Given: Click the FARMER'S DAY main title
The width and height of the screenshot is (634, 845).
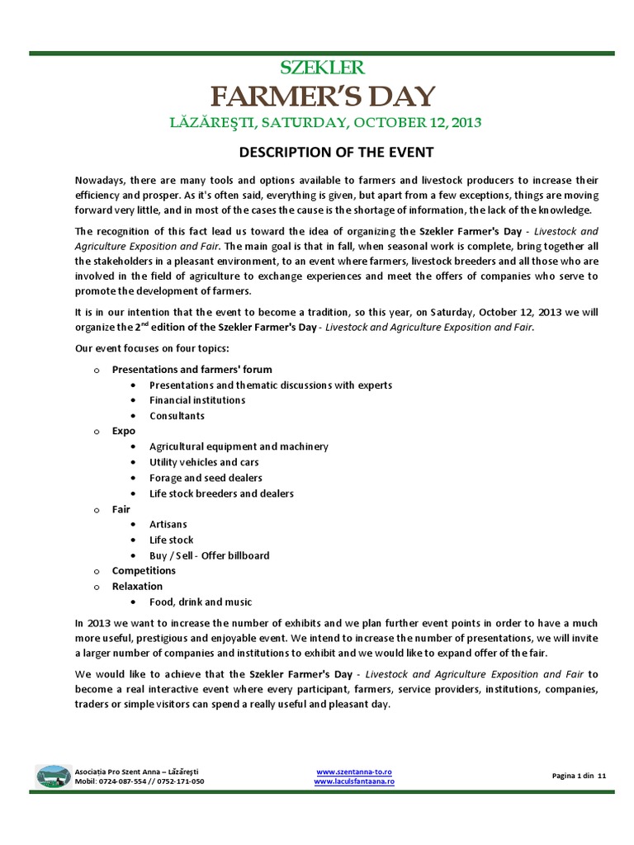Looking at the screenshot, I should (x=322, y=97).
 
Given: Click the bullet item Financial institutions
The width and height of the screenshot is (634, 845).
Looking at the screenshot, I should (x=197, y=400).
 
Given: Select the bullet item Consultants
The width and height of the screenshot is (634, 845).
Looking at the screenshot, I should (x=177, y=416).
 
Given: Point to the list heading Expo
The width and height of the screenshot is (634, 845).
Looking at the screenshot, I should (x=124, y=431).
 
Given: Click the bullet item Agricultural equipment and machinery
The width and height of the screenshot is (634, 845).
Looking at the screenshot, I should (x=239, y=446).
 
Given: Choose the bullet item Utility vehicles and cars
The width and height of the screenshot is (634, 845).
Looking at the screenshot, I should (x=204, y=462).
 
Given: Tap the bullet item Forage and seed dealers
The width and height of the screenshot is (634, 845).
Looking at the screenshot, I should (x=206, y=478).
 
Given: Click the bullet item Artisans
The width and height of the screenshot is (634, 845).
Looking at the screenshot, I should (x=168, y=524).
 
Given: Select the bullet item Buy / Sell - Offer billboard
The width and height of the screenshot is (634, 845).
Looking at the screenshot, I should (x=209, y=555).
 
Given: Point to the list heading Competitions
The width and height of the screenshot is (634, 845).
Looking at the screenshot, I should (x=144, y=570).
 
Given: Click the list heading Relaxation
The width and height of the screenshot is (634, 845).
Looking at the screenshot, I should (x=137, y=586).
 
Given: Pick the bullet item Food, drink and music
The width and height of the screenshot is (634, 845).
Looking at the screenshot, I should (x=201, y=602).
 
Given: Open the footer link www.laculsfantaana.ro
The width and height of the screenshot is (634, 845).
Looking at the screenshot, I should (x=354, y=781).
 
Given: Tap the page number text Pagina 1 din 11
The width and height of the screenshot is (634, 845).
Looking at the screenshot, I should (x=578, y=777).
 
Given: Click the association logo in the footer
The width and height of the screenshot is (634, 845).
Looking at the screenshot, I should (x=53, y=777).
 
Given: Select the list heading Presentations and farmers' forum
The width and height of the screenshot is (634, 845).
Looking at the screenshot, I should (x=192, y=369).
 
